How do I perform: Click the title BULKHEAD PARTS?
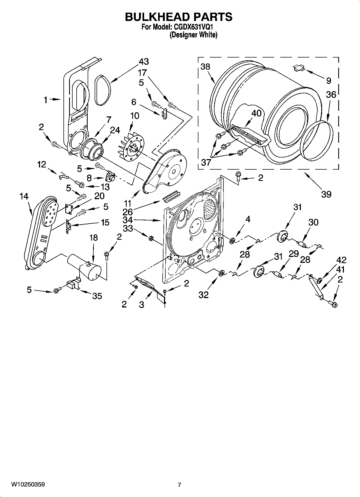click(x=179, y=17)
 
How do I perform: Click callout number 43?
click(x=144, y=62)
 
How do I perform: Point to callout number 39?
click(x=326, y=194)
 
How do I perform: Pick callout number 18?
click(x=94, y=238)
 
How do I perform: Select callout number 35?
click(x=97, y=296)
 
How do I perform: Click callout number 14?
click(x=24, y=196)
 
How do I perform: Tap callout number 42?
click(x=341, y=260)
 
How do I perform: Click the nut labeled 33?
click(x=151, y=238)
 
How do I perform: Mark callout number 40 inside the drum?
click(x=256, y=113)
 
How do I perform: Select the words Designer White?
click(x=193, y=35)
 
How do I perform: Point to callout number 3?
click(x=141, y=305)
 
